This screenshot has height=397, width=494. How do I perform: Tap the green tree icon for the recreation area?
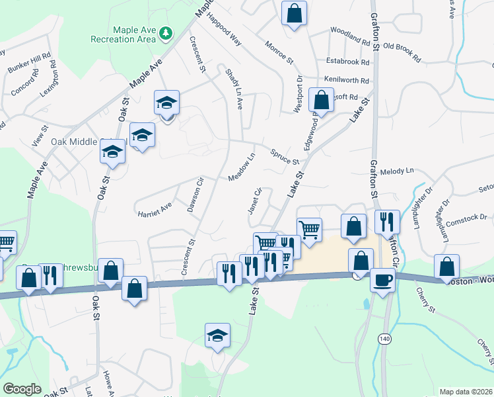coord(166,32)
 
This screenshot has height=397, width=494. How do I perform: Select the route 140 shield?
coord(384,338)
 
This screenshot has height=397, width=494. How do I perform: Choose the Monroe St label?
coord(279,52)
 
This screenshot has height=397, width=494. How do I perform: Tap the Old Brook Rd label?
coord(402,48)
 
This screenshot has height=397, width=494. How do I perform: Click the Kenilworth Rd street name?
coord(347,80)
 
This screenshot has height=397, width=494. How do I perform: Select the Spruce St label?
coord(285,157)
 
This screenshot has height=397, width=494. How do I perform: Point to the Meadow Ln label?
coord(242,169)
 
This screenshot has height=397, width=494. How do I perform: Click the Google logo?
coord(22,388)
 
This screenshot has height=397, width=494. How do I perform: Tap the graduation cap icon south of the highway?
coord(217,335)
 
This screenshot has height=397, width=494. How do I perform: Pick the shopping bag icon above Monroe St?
coord(294,13)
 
